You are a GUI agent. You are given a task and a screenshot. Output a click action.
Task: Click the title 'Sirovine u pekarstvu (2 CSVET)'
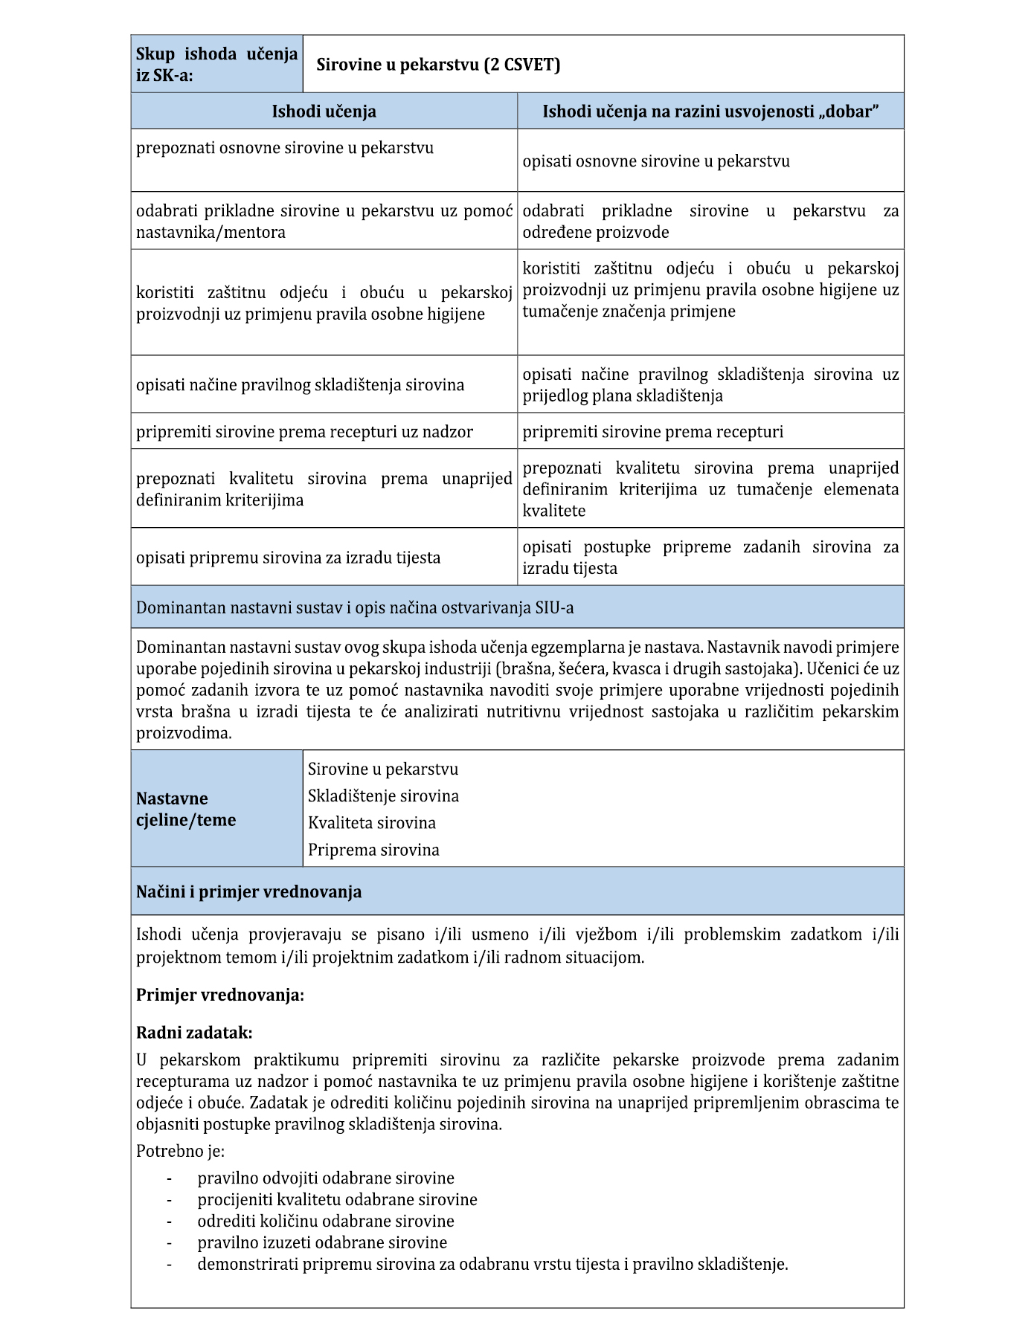[438, 65]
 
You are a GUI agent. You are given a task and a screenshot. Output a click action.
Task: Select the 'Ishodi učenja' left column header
[324, 112]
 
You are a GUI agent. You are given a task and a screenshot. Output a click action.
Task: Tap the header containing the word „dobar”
[710, 112]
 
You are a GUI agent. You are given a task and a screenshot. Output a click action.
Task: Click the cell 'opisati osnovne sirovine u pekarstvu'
[656, 161]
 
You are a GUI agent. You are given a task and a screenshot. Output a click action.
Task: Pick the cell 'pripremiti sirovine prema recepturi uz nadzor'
[304, 432]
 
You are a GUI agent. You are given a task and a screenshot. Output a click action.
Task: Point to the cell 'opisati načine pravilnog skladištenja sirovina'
[300, 385]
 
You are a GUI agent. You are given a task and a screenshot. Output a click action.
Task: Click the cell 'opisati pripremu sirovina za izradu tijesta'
[288, 558]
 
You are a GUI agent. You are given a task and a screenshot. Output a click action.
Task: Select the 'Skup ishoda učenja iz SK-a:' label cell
[216, 65]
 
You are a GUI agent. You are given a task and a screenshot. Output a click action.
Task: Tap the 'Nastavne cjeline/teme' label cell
[186, 809]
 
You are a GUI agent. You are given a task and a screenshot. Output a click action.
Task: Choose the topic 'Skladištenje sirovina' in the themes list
[383, 796]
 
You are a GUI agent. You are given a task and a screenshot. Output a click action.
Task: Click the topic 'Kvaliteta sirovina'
[372, 823]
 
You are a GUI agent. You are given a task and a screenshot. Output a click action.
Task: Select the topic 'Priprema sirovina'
[373, 850]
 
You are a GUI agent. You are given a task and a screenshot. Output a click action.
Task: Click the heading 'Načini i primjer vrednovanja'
[248, 891]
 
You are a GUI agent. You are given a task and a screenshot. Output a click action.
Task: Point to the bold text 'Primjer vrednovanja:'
[220, 995]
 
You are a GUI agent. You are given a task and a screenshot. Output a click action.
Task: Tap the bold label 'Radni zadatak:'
[194, 1033]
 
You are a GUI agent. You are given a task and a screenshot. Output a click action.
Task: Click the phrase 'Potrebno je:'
[180, 1151]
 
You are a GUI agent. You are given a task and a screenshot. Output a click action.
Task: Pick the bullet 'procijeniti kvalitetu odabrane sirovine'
[337, 1199]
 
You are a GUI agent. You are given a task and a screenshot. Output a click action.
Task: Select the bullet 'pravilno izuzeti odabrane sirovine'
[322, 1242]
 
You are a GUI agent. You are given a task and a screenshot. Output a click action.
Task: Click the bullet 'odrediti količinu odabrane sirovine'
[326, 1221]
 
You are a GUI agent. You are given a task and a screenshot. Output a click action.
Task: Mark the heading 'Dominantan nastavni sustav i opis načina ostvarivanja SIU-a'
[355, 607]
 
